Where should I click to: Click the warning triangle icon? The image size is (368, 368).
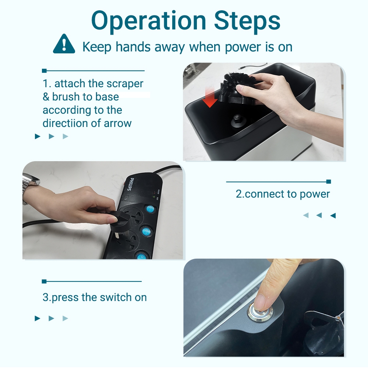click(64, 44)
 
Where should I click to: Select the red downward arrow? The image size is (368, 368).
click(210, 99)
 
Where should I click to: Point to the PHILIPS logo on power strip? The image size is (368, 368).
click(131, 184)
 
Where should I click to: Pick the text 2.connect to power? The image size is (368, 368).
click(283, 194)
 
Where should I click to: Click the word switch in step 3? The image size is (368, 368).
click(116, 297)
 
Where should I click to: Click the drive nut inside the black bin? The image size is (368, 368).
click(237, 120)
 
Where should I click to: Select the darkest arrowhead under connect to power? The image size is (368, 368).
click(333, 215)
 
